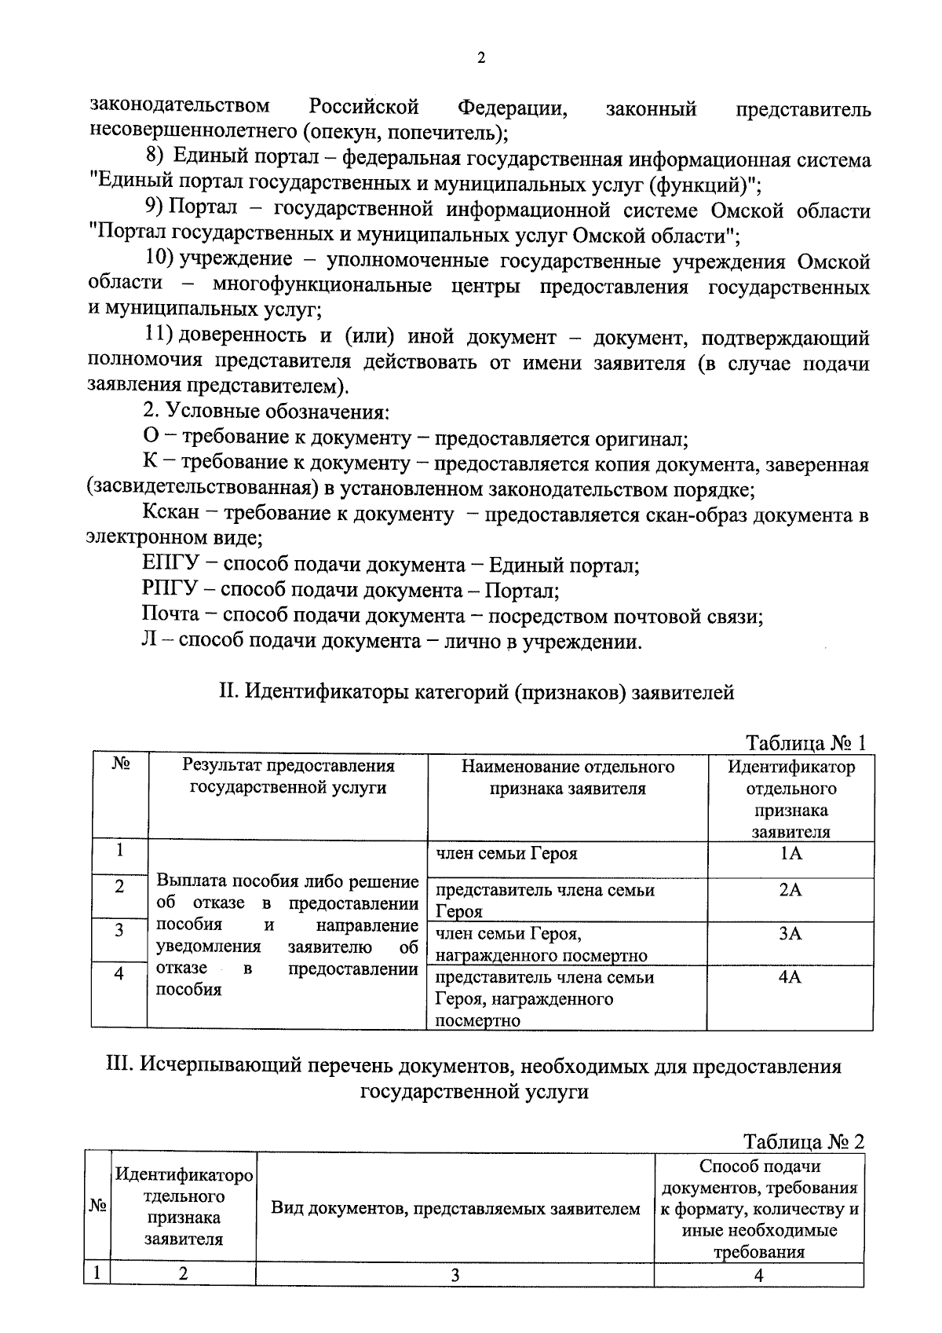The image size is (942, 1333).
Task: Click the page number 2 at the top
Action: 480,59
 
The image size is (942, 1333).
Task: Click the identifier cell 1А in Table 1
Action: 790,854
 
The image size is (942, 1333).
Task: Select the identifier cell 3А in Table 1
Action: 790,934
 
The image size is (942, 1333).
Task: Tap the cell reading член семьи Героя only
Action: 506,854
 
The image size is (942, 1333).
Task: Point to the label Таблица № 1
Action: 805,743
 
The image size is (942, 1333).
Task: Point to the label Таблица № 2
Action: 804,1141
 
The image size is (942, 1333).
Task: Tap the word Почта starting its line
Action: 170,615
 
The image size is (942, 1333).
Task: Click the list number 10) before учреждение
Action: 159,259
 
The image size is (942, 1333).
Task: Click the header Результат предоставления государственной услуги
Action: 288,777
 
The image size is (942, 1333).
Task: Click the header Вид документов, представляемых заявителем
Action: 455,1209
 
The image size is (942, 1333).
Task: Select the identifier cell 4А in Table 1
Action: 790,978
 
